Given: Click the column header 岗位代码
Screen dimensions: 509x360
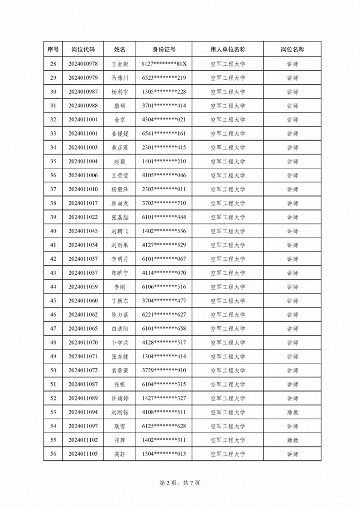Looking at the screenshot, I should (x=83, y=49).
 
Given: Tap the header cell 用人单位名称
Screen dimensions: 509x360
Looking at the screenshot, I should (x=228, y=49).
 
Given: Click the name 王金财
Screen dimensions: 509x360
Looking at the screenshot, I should (x=120, y=64).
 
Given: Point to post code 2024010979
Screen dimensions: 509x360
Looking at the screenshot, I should (x=83, y=78).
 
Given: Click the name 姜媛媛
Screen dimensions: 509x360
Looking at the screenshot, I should (x=120, y=133).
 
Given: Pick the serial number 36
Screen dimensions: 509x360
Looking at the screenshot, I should (x=53, y=176).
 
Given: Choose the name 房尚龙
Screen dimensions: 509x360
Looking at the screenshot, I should (x=120, y=203).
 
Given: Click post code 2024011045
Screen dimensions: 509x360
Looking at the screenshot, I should (x=83, y=231).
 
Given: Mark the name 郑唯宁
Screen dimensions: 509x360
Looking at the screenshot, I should (x=120, y=273).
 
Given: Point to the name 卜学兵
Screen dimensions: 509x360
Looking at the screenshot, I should (x=120, y=343).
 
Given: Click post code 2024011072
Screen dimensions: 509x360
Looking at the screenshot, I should (x=83, y=371).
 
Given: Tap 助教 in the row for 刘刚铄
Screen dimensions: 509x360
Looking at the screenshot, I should (x=292, y=413).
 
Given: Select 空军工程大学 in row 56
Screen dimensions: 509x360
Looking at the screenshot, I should (x=228, y=454).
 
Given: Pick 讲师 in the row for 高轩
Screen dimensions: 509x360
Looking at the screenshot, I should (x=292, y=454).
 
